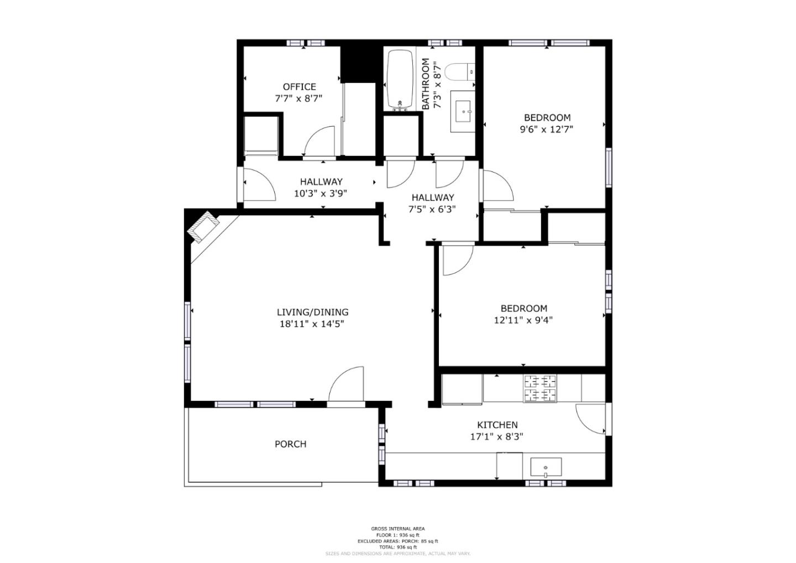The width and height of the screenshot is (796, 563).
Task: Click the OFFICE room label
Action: point(299,87)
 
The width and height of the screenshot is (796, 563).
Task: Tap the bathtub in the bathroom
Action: point(400,79)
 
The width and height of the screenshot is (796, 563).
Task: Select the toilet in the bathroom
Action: point(459,72)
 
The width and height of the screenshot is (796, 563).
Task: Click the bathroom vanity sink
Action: point(462,112)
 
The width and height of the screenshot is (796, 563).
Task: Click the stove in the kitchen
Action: point(540,388)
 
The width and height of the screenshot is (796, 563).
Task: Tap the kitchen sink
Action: point(546,467)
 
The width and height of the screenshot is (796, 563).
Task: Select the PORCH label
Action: point(290,444)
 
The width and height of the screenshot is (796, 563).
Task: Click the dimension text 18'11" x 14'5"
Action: point(312,324)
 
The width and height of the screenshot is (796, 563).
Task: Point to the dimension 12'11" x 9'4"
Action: point(523,320)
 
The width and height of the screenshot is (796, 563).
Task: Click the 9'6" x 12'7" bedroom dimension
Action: point(546,129)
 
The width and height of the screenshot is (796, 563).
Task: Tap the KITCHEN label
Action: point(497,425)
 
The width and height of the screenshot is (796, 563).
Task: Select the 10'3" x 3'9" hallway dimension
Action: point(321,194)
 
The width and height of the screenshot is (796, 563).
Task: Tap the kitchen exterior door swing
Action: point(590,419)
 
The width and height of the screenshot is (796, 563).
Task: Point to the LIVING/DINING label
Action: point(312,312)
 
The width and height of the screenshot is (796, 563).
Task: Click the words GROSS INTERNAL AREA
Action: point(397,529)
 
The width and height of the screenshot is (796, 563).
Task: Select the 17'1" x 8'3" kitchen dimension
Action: point(496,436)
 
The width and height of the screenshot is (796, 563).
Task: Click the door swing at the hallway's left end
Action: point(258,185)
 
